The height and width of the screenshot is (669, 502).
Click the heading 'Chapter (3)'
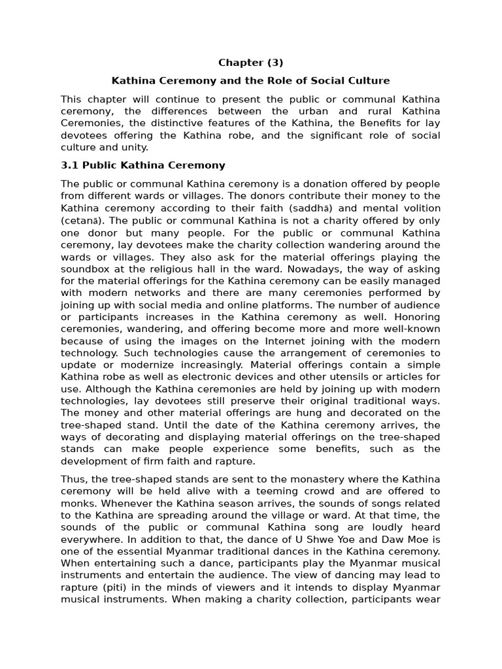(x=250, y=63)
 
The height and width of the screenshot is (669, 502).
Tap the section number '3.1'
(x=69, y=165)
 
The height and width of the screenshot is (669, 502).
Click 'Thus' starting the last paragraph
(x=73, y=479)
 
